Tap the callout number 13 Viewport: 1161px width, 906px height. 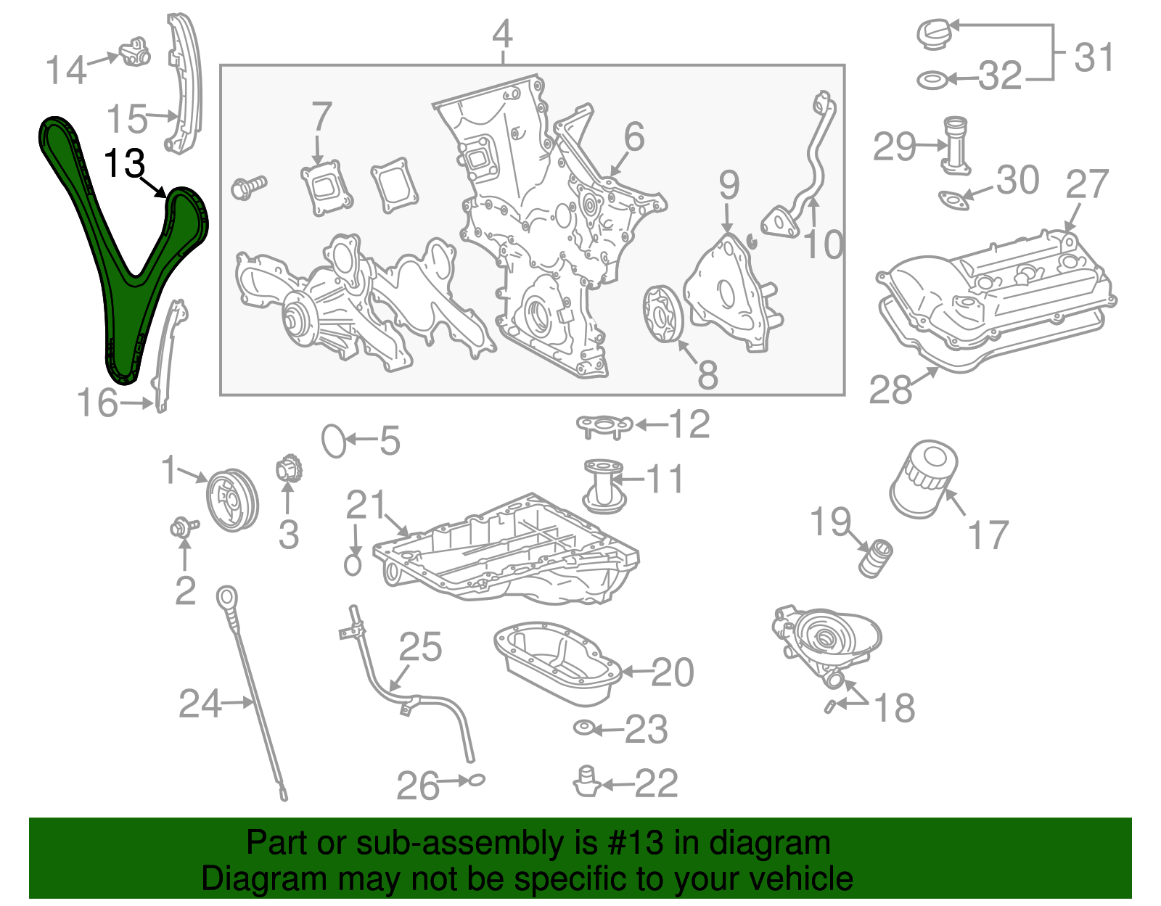point(125,164)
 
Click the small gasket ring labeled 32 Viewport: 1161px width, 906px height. point(931,80)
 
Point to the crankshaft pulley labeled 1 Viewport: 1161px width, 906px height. point(231,501)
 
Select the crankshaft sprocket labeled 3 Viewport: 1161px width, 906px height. point(289,469)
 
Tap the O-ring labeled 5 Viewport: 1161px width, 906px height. point(334,440)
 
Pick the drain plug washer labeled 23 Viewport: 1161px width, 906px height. point(583,727)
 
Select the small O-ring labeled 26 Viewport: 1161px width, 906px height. point(474,781)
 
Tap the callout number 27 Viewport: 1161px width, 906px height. point(1086,185)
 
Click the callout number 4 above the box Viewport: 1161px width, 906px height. point(502,35)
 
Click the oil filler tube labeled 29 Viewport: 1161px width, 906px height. point(956,145)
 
